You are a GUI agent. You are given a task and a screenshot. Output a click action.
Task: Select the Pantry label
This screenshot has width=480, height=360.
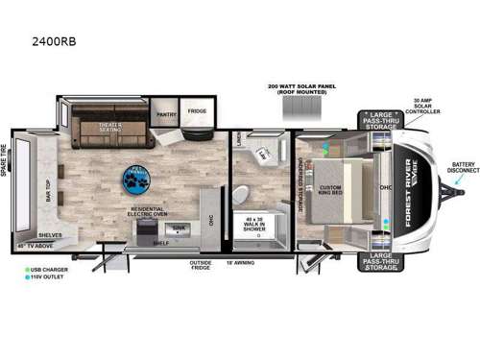point(165,111)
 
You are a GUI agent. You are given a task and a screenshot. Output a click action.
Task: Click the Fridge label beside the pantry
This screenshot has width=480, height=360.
point(197,110)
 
